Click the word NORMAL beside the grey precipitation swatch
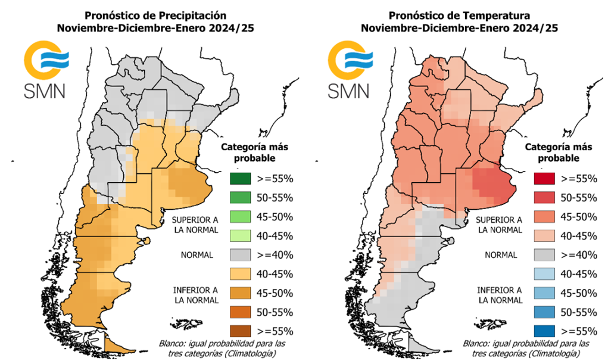coord(197,255)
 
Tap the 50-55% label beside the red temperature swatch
coord(578,197)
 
